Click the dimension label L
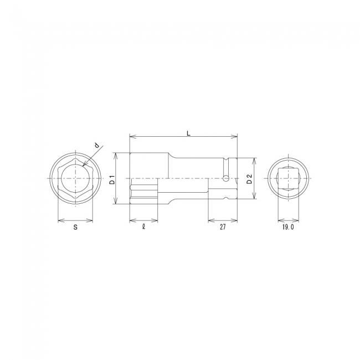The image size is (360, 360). tap(188, 133)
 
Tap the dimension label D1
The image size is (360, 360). tap(112, 179)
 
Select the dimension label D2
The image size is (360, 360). tap(249, 179)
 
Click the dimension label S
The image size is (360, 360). tap(75, 227)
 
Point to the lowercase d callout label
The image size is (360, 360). tap(97, 145)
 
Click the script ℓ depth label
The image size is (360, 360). tap(144, 227)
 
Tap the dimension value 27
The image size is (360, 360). tap(223, 227)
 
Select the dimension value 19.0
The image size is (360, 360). tap(288, 227)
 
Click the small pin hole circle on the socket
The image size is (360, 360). tap(226, 178)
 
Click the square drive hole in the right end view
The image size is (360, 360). tap(289, 178)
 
